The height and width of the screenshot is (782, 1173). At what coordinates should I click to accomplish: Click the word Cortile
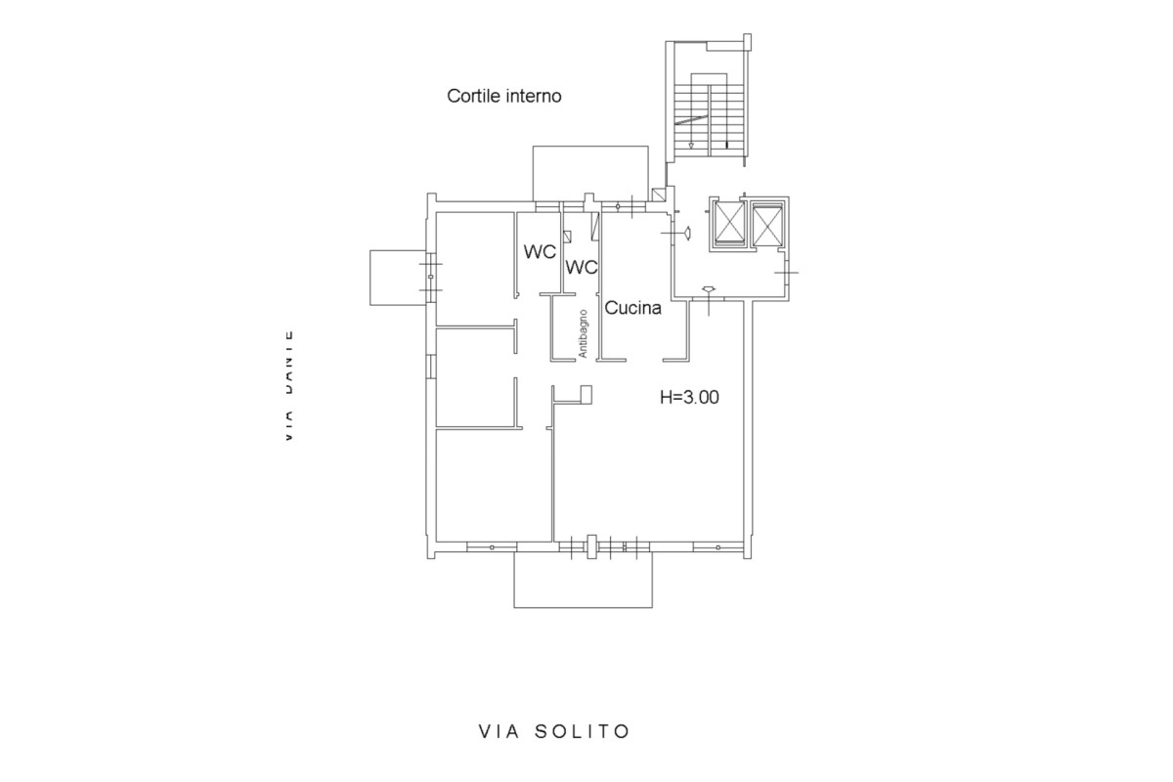(x=474, y=96)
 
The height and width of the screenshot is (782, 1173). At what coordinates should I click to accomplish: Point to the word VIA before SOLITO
(x=497, y=731)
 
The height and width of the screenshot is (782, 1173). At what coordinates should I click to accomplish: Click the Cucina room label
(x=633, y=308)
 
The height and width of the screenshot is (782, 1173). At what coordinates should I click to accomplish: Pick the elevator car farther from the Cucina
(x=768, y=225)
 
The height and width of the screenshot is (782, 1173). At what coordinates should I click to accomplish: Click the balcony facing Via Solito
(x=583, y=583)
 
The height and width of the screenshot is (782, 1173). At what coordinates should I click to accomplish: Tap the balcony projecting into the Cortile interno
(x=590, y=172)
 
